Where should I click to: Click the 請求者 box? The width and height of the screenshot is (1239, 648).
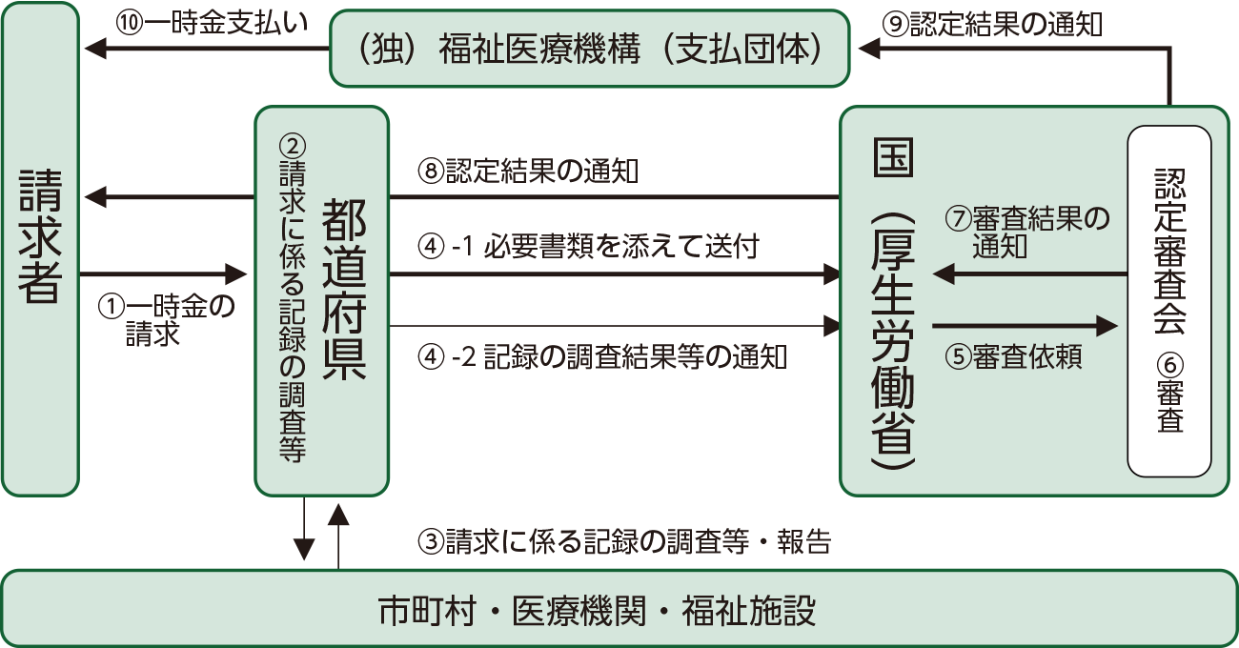40,249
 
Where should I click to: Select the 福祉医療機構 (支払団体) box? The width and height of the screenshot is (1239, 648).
589,49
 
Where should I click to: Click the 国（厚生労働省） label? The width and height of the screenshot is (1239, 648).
893,305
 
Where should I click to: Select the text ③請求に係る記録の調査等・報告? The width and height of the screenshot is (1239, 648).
624,542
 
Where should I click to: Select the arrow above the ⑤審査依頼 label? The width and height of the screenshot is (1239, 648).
1025,326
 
